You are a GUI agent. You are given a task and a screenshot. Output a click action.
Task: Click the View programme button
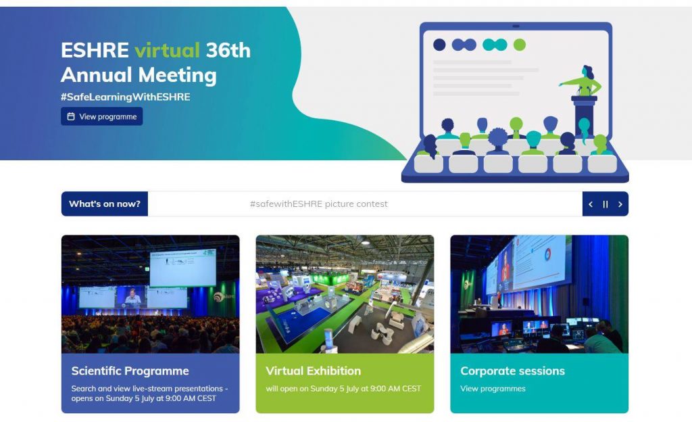(101, 116)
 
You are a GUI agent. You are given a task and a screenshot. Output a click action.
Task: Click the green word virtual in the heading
(168, 50)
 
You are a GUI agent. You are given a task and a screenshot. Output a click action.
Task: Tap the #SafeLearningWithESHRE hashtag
(125, 97)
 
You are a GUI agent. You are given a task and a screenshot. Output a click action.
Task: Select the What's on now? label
(105, 204)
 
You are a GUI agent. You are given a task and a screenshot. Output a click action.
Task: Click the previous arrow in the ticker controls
(591, 204)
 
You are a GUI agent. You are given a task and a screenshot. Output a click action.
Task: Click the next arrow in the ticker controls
(620, 204)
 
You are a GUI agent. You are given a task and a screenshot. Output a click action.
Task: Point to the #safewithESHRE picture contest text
(319, 204)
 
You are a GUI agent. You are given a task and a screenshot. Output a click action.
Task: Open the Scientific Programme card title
(130, 371)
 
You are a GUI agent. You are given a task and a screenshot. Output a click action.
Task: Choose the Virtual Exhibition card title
(314, 371)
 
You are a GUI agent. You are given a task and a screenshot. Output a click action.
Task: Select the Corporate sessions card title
(512, 371)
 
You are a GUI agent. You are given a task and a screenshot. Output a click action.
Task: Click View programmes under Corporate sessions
(493, 388)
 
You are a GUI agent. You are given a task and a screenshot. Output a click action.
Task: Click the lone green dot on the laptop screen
(520, 45)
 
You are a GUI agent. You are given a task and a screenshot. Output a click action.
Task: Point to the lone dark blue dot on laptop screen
(439, 45)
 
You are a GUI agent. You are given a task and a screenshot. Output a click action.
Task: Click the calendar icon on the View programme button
(70, 116)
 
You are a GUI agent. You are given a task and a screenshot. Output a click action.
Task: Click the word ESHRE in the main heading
(95, 50)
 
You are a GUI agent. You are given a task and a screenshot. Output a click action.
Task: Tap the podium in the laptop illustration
(585, 116)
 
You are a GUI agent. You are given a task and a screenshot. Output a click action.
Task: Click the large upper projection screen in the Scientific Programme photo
(182, 268)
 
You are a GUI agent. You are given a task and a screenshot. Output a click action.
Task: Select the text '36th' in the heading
(228, 50)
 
